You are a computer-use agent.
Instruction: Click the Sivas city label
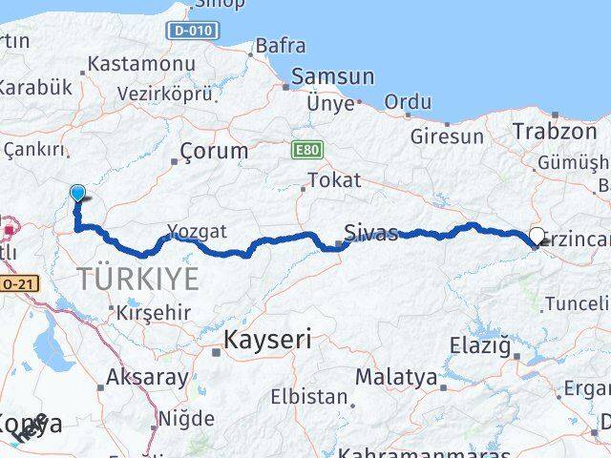371,232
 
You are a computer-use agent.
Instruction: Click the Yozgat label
197,231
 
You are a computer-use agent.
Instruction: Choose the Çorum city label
214,151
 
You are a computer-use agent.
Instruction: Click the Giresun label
447,136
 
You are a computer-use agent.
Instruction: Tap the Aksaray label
148,377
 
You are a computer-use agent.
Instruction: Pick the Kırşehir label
153,312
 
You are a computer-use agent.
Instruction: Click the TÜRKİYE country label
139,280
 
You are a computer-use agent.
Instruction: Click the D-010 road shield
194,31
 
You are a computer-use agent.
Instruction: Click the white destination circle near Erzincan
537,236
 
